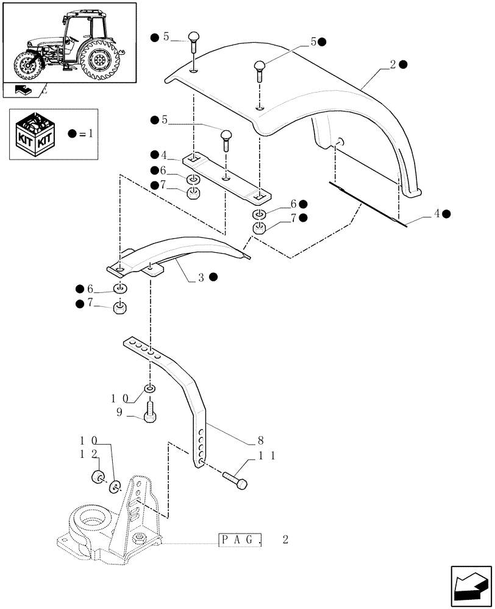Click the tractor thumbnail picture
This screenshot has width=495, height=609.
(69, 42)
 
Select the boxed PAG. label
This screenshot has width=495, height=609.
(240, 540)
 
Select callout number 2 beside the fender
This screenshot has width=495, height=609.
(394, 63)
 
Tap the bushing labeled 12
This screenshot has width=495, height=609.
(96, 477)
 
